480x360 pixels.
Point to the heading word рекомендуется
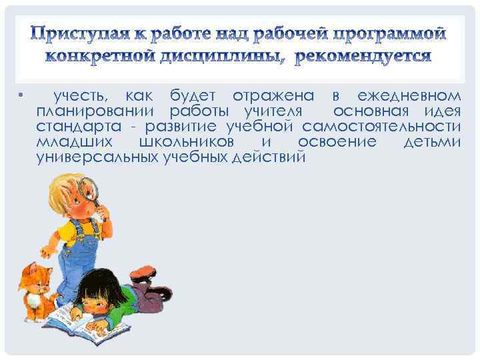coord(363,55)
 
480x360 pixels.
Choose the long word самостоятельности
coord(381,127)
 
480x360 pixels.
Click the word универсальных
coord(97,158)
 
